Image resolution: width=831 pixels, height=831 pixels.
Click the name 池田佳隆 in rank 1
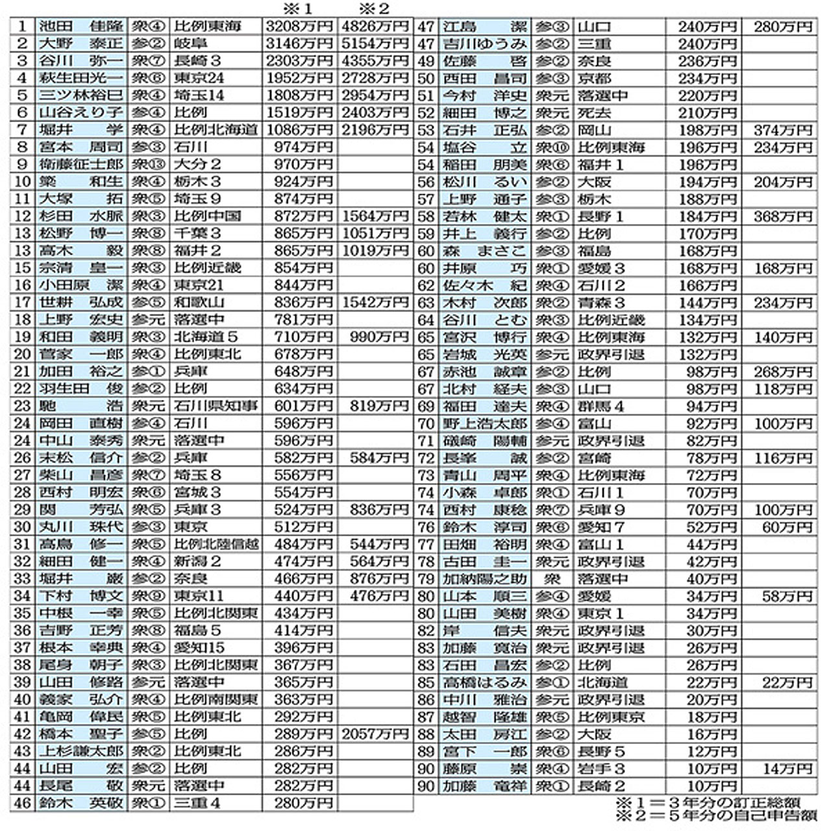click(81, 27)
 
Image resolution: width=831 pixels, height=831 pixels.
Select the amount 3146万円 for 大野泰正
click(299, 43)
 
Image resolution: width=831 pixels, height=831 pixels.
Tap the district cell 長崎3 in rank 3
click(197, 61)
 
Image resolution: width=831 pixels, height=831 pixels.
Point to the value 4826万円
click(375, 27)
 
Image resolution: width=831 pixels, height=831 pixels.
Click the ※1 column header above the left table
click(298, 9)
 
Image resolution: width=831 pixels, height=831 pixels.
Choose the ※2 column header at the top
click(375, 9)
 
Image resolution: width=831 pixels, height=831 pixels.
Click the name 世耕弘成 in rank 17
click(81, 302)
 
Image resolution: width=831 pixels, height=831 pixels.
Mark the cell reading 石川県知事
click(216, 406)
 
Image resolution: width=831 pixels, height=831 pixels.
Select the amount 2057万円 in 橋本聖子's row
click(375, 734)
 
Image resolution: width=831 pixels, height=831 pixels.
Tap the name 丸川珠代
click(81, 527)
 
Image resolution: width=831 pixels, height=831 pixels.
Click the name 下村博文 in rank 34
click(81, 595)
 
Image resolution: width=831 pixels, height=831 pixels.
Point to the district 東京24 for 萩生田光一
click(199, 78)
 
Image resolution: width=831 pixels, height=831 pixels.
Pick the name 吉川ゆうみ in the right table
click(484, 44)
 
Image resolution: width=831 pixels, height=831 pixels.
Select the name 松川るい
click(484, 182)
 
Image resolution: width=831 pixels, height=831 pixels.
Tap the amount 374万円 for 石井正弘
click(783, 130)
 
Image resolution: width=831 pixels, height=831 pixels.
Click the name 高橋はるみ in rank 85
click(484, 682)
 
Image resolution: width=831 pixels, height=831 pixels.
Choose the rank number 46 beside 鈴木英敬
click(23, 803)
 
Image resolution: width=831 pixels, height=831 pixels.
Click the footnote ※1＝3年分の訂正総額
click(708, 803)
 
